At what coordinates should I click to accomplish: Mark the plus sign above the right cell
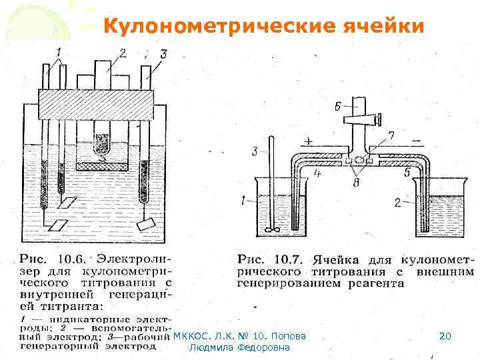309,141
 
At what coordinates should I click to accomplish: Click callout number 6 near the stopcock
337,106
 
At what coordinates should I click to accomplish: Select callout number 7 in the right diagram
391,136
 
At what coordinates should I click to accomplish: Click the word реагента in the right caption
376,283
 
